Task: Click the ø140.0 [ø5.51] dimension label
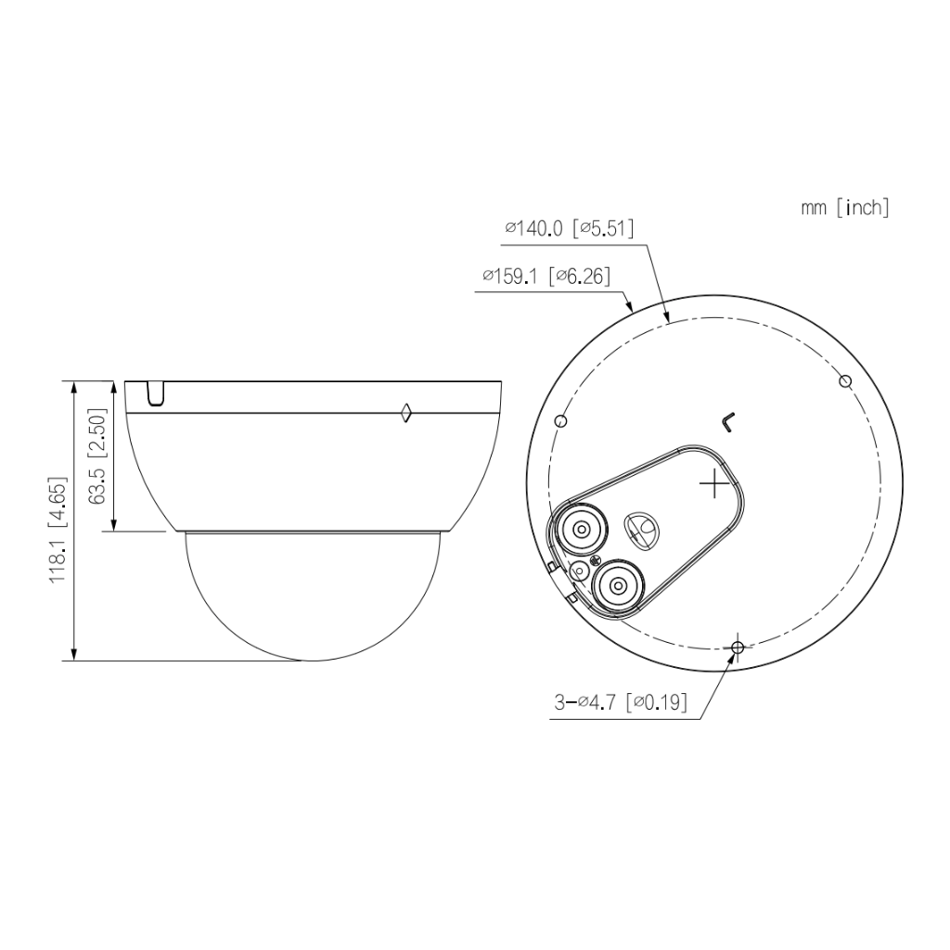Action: click(570, 228)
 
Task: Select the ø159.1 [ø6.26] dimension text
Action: click(546, 276)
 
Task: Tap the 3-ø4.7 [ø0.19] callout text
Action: click(621, 702)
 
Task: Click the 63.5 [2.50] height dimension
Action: click(96, 456)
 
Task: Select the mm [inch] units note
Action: click(845, 208)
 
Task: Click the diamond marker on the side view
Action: click(406, 413)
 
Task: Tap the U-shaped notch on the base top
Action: click(155, 393)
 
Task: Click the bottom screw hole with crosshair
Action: click(738, 648)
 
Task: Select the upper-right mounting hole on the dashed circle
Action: click(845, 381)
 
